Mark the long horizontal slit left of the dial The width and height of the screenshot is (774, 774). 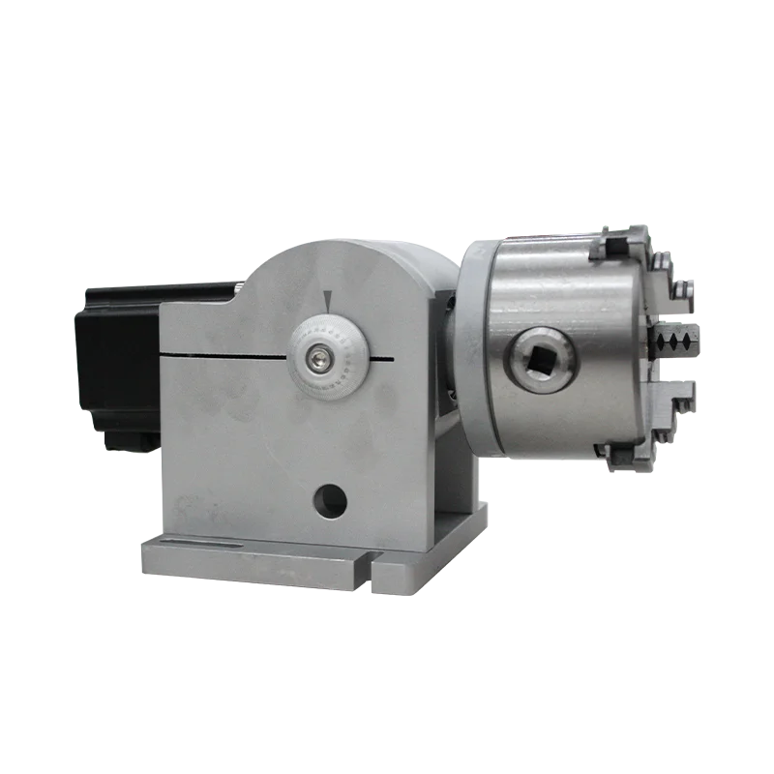223,353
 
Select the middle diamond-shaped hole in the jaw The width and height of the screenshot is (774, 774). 675,341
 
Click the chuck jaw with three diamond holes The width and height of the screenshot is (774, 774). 675,341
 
